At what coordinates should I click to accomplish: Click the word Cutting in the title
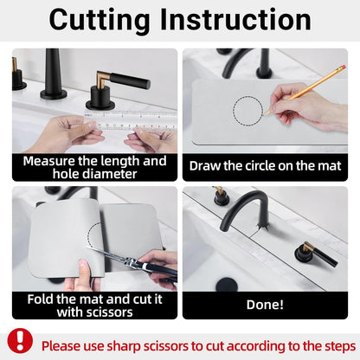[99, 20]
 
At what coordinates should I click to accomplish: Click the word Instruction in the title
[235, 19]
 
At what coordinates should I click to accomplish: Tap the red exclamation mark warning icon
[20, 341]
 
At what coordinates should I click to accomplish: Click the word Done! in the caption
[265, 305]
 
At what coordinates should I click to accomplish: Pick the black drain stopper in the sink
[227, 285]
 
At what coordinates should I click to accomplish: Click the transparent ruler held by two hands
[131, 120]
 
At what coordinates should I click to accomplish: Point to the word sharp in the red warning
[124, 346]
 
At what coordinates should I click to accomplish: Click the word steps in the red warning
[340, 346]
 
